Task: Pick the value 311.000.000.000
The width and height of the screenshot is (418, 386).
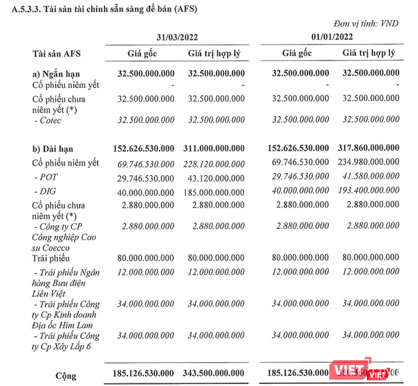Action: (213, 148)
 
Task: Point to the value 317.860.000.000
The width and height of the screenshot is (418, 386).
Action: (367, 148)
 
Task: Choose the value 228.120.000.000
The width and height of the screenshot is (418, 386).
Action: (213, 164)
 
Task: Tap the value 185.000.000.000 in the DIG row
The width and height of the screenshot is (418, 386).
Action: (213, 192)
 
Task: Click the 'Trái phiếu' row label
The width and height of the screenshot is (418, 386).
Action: (50, 258)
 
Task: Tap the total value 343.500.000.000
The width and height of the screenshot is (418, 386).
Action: (213, 372)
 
